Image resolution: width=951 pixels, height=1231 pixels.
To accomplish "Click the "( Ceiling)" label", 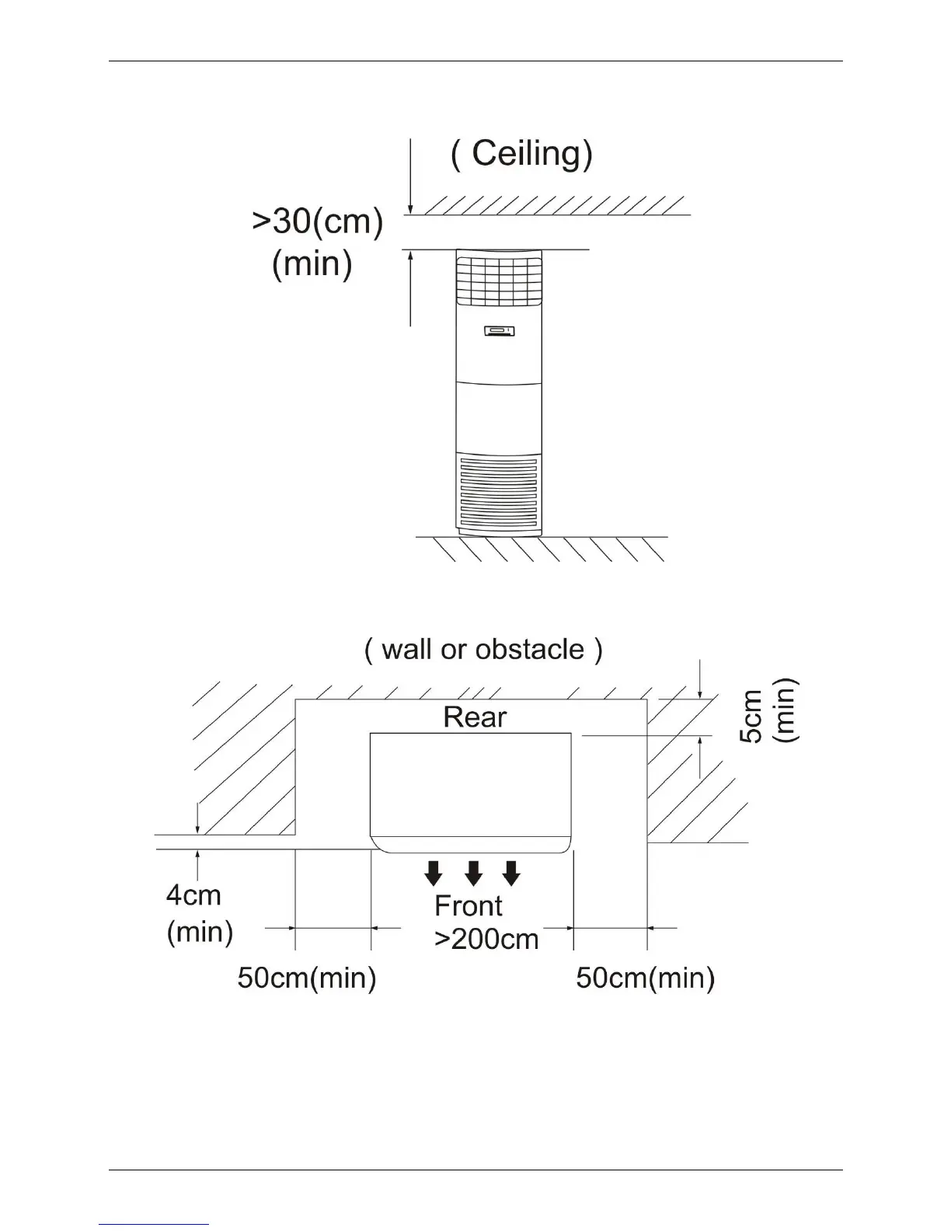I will click(x=521, y=154).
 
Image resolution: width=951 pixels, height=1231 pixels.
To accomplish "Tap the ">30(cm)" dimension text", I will click(x=317, y=222).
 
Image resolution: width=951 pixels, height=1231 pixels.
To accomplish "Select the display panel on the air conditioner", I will click(x=497, y=333).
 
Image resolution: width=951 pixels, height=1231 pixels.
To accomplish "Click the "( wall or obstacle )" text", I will click(x=482, y=650).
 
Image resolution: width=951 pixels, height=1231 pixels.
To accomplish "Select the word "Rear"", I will click(x=474, y=717).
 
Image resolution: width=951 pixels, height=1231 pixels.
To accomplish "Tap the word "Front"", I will click(x=468, y=906).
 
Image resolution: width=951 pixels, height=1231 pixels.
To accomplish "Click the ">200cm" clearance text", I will click(x=486, y=939).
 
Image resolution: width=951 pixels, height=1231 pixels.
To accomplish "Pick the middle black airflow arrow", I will click(x=473, y=874).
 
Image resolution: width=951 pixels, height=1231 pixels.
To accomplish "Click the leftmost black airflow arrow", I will click(x=434, y=874).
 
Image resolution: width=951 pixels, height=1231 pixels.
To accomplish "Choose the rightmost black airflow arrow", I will click(x=510, y=874).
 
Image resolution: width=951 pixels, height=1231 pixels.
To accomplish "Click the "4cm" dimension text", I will click(x=193, y=895).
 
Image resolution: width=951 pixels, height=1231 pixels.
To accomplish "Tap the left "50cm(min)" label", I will click(x=307, y=978).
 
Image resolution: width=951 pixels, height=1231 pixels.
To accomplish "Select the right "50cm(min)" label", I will click(x=645, y=978).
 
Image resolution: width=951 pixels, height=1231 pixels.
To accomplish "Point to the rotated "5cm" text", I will click(x=752, y=716).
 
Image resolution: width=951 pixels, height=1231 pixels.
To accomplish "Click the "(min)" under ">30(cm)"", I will click(x=312, y=264).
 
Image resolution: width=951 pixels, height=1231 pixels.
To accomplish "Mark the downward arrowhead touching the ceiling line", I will click(x=410, y=207).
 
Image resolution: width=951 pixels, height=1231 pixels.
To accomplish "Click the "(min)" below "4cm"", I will click(x=200, y=931).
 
